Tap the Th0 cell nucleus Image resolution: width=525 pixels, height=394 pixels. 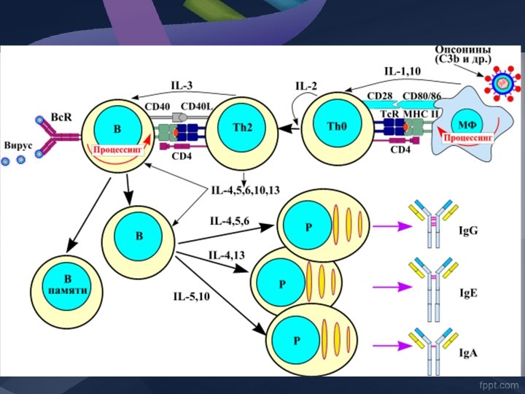[337, 125]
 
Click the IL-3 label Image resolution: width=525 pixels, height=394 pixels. [183, 85]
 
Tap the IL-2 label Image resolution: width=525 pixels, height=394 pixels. [306, 86]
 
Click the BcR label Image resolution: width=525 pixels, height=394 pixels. [61, 116]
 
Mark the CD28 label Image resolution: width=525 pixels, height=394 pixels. [380, 96]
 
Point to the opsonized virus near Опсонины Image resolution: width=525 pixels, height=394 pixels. [500, 82]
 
